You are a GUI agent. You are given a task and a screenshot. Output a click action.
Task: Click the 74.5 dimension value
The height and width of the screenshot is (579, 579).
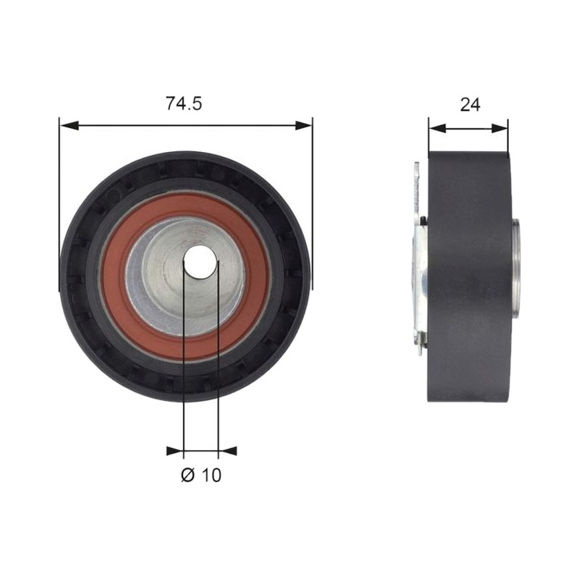coord(184,103)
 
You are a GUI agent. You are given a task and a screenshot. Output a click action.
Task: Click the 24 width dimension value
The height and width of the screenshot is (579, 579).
coord(470,105)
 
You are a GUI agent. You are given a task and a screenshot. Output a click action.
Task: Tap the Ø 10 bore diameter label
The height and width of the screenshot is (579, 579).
coord(201,475)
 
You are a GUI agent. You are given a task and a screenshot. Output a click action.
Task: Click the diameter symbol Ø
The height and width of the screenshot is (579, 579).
coord(187,475)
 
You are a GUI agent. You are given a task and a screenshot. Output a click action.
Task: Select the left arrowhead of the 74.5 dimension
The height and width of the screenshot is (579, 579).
coord(69,125)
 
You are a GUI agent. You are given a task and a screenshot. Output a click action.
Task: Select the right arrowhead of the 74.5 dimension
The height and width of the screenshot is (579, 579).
coord(303,125)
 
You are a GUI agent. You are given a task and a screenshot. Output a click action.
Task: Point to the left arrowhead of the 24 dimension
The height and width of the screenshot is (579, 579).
coord(438,128)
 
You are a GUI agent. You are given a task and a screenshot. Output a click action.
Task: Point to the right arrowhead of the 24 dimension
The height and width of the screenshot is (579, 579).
coord(499,128)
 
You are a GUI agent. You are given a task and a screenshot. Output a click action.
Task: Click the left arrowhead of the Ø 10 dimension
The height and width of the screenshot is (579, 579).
coord(174,451)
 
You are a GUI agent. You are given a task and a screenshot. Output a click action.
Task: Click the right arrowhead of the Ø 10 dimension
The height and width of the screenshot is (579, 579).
coord(227,451)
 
